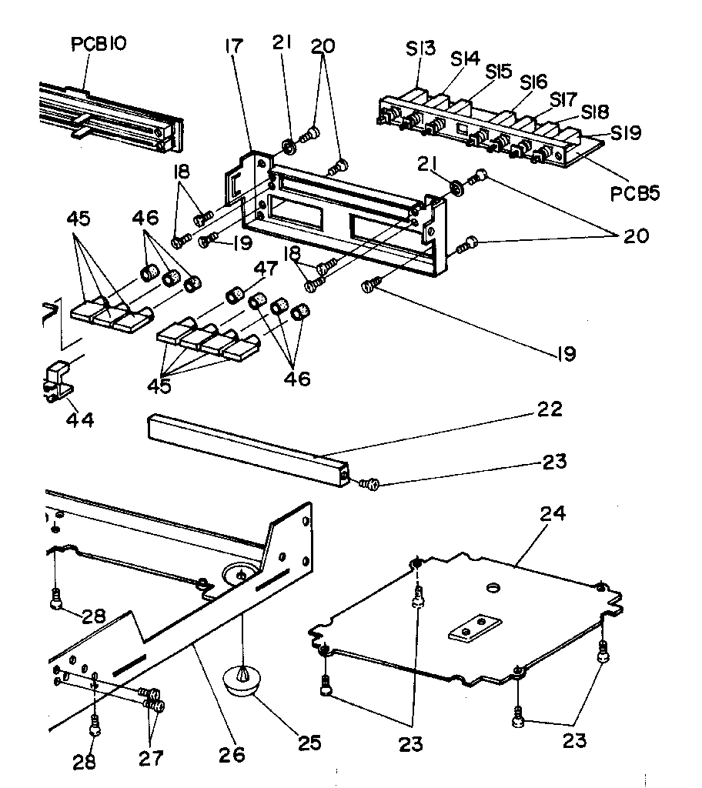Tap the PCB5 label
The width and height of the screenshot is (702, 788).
[x=634, y=193]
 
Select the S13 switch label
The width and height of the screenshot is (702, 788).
[x=421, y=50]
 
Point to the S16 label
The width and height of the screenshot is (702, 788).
[x=533, y=81]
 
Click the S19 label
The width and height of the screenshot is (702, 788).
[x=627, y=133]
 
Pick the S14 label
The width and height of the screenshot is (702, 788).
[x=466, y=58]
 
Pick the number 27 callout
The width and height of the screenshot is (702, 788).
[x=150, y=759]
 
